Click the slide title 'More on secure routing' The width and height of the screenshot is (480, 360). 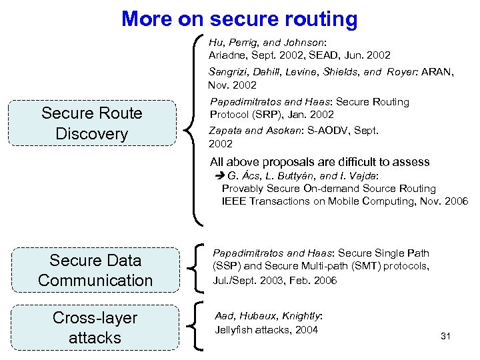coord(239,19)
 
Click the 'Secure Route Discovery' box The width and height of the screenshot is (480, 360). coord(91,123)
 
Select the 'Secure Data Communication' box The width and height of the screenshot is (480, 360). coord(95,270)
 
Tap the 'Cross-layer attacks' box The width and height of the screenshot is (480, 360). coord(95,327)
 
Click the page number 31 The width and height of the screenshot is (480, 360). coord(446,336)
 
